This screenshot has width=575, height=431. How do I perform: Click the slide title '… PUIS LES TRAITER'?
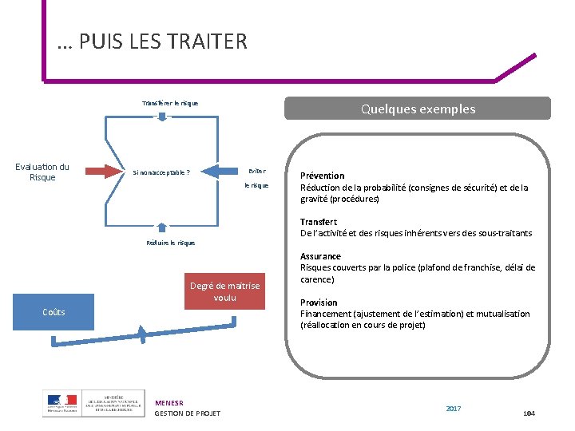tap(153, 42)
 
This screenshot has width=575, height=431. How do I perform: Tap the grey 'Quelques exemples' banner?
tap(418, 109)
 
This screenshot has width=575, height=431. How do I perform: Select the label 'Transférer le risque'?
tap(170, 103)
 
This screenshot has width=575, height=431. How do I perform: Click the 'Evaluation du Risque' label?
tap(42, 172)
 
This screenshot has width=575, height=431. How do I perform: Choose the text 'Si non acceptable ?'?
tap(161, 172)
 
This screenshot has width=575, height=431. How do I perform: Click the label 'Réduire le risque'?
tap(170, 243)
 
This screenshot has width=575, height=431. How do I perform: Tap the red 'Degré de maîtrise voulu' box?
tap(224, 292)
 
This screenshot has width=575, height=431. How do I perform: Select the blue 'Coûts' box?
tap(54, 311)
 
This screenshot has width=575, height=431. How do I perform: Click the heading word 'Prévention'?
tap(323, 176)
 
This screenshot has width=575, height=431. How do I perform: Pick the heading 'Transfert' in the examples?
tap(319, 222)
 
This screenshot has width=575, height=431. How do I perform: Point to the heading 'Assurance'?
tap(320, 256)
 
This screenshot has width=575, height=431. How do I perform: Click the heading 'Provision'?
tap(319, 302)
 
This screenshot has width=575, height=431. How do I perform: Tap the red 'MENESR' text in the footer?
tap(169, 403)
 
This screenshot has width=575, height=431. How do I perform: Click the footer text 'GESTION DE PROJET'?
tap(187, 413)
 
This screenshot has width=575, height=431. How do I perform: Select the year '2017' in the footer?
tap(454, 409)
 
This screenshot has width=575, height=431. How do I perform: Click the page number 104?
tap(528, 413)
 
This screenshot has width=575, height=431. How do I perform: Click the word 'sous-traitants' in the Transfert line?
tap(506, 233)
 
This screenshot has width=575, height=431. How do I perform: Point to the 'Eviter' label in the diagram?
tap(256, 171)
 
